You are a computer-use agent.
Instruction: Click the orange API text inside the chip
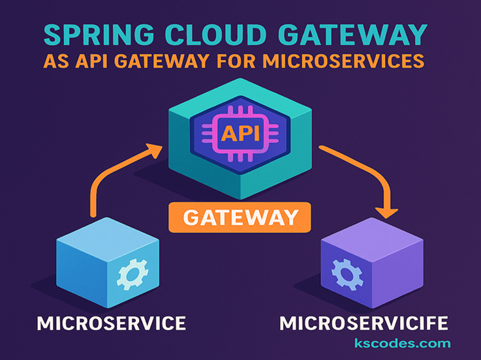(x=241, y=134)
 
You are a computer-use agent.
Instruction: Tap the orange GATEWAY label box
(x=240, y=217)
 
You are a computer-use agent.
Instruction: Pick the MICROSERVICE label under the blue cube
(x=111, y=323)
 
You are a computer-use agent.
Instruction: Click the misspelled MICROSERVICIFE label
(x=364, y=323)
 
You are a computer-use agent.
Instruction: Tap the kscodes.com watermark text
(x=402, y=343)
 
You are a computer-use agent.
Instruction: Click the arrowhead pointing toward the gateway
(x=155, y=151)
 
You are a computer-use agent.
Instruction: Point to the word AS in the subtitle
(x=55, y=61)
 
